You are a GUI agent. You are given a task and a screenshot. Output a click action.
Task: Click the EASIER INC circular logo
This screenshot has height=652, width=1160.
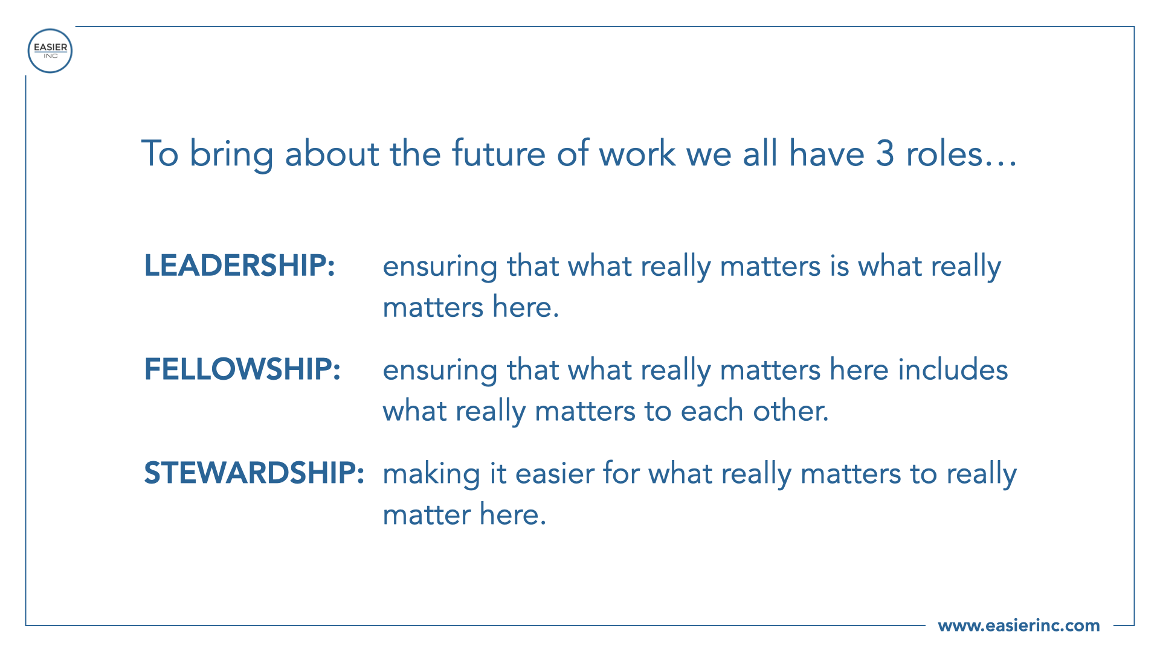click(50, 51)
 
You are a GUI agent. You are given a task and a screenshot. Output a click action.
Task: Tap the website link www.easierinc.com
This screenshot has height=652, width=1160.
click(1019, 625)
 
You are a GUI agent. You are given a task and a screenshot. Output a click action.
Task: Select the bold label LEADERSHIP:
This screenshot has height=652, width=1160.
click(239, 266)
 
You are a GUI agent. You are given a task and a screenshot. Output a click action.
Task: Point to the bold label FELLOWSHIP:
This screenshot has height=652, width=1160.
click(242, 369)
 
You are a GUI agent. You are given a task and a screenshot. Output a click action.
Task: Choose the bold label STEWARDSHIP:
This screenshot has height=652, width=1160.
click(254, 473)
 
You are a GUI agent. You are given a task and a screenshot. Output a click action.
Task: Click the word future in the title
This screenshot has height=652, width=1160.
click(499, 153)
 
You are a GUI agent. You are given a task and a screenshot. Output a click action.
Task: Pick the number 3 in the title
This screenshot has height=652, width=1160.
click(884, 153)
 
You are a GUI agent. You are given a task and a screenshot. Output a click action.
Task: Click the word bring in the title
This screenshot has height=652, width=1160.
click(231, 155)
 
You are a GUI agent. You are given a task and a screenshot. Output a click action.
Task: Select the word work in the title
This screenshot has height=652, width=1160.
click(637, 153)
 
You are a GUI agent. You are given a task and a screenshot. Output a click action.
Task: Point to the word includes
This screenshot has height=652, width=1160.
click(953, 369)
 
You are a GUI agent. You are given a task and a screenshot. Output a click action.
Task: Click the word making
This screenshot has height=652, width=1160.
click(431, 475)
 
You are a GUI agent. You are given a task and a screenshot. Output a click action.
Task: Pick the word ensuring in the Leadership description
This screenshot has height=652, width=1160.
click(440, 267)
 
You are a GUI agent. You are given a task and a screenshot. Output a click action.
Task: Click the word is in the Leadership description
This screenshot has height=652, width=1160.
click(839, 266)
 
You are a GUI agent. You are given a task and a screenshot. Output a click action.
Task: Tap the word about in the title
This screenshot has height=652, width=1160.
click(332, 153)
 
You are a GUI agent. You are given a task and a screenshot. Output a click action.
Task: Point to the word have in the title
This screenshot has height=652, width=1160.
click(826, 153)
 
